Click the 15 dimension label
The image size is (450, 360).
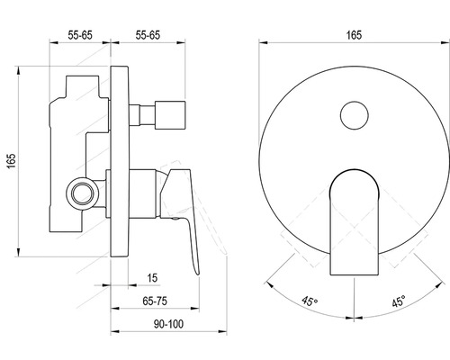tap(152, 278)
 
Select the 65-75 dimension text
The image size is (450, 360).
tap(155, 301)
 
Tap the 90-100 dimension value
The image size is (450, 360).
tap(168, 324)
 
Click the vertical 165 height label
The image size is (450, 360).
tap(12, 161)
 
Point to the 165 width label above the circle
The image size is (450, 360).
tap(354, 35)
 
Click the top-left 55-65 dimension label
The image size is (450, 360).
tap(80, 35)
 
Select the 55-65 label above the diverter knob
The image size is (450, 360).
tap(148, 35)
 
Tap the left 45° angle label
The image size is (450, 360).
tap(310, 301)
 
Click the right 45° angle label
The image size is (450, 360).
tap(399, 301)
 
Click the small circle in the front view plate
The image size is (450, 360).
tap(355, 115)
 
